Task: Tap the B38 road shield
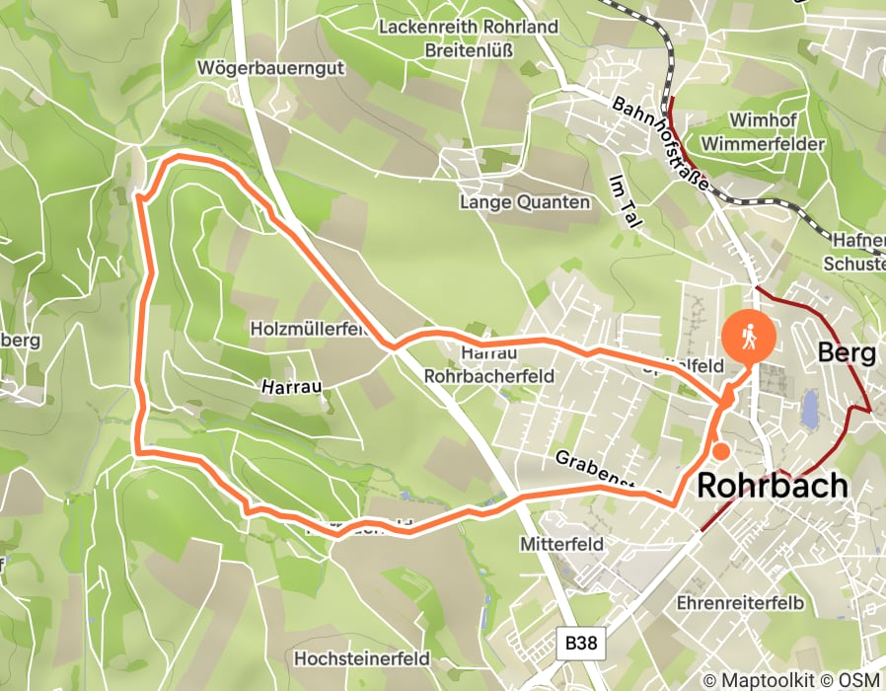581,644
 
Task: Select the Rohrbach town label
773,486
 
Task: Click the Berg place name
848,353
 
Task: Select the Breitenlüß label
468,49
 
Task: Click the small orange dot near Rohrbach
721,451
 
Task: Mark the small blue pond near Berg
810,408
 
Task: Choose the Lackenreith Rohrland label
469,26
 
